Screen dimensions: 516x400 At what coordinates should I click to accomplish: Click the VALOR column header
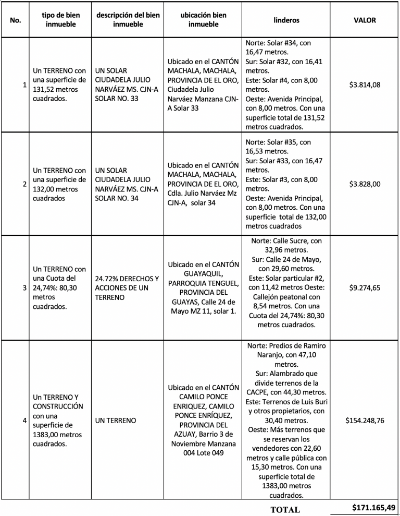(365, 20)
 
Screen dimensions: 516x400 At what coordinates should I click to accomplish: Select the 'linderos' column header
(286, 20)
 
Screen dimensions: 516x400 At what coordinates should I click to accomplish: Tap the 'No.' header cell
(15, 20)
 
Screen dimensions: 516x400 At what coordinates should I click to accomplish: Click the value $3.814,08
(365, 85)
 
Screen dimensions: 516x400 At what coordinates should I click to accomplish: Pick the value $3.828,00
(365, 184)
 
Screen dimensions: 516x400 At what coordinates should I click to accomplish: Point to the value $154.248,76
(365, 420)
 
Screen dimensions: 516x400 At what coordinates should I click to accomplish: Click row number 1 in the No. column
(24, 85)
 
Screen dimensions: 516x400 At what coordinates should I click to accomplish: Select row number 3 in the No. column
(24, 288)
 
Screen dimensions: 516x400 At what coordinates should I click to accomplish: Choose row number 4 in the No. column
(24, 420)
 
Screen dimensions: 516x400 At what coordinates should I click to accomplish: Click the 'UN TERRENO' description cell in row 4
(116, 420)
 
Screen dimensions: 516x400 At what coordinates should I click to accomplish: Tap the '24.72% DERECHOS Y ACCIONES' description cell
(128, 287)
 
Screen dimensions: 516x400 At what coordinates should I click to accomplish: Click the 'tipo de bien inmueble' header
(59, 20)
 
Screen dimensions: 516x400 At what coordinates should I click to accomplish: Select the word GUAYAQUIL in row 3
(203, 273)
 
